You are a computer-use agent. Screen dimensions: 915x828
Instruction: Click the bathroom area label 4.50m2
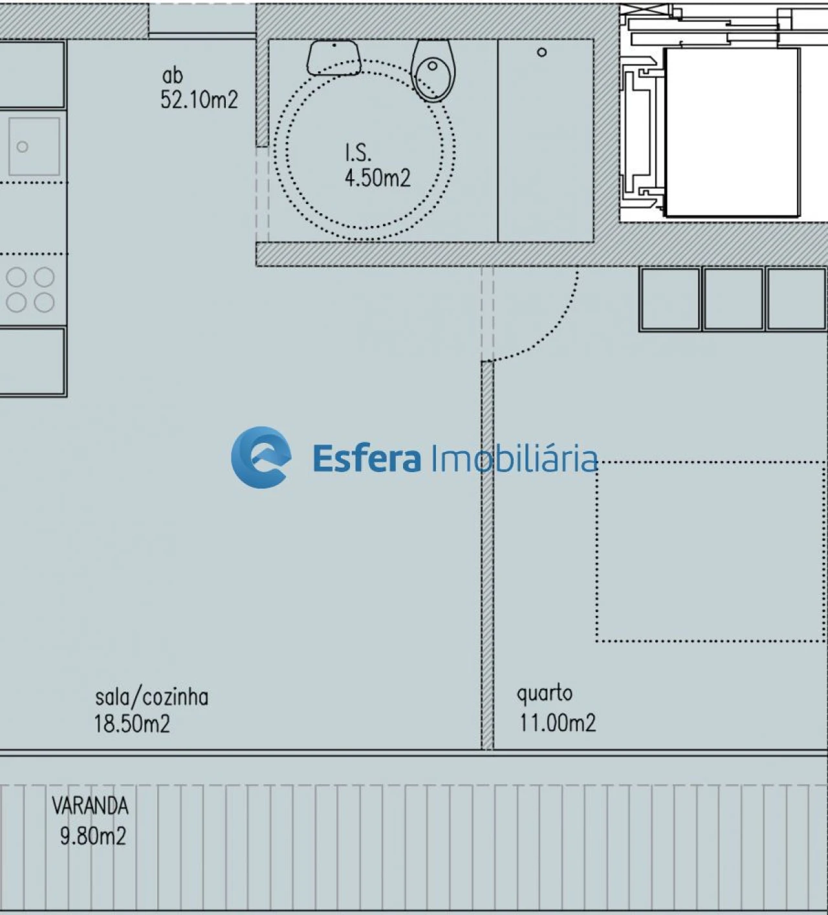pyautogui.click(x=377, y=177)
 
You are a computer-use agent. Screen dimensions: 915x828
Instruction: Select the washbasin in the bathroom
pyautogui.click(x=333, y=57)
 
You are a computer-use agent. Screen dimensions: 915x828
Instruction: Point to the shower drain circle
pyautogui.click(x=542, y=52)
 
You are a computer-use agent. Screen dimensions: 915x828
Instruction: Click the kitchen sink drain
pyautogui.click(x=23, y=147)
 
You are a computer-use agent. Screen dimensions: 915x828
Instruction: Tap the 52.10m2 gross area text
pyautogui.click(x=199, y=100)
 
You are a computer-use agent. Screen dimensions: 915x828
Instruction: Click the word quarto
pyautogui.click(x=544, y=694)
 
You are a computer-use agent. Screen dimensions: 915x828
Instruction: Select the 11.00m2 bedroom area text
pyautogui.click(x=557, y=722)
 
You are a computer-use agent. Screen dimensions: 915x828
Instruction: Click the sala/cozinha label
pyautogui.click(x=151, y=697)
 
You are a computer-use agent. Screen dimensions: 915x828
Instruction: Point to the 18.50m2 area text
pyautogui.click(x=132, y=723)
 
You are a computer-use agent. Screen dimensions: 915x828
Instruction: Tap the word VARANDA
pyautogui.click(x=90, y=806)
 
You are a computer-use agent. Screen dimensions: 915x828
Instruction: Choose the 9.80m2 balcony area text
pyautogui.click(x=93, y=836)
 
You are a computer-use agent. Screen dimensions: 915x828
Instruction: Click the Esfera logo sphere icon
pyautogui.click(x=261, y=457)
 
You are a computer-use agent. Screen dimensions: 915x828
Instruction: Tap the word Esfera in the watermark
pyautogui.click(x=366, y=458)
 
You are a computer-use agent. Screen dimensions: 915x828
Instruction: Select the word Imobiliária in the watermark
pyautogui.click(x=514, y=458)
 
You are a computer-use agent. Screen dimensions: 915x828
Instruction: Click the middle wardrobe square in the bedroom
pyautogui.click(x=733, y=299)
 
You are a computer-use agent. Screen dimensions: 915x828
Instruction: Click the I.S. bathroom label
pyautogui.click(x=358, y=153)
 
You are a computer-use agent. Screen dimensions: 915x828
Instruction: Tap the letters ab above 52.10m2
pyautogui.click(x=172, y=76)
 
